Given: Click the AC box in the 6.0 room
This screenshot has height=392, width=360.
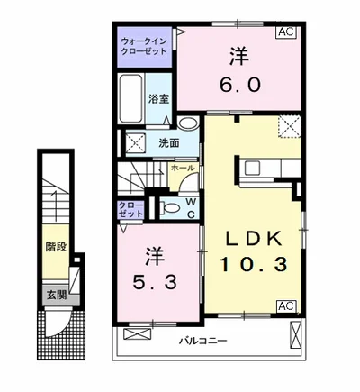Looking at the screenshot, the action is (x=286, y=32).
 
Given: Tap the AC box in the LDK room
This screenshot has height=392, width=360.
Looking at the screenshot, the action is (x=286, y=305).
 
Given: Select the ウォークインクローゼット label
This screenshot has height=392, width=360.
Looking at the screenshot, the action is (x=143, y=46).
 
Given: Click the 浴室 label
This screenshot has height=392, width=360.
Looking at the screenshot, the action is (x=158, y=99).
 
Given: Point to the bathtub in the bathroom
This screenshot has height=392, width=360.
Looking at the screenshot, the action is (x=131, y=98).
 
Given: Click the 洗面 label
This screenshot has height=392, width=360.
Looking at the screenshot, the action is (x=169, y=143).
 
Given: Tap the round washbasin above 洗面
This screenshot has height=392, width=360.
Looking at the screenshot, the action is (x=188, y=123).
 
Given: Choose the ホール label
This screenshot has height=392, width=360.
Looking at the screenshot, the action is (x=183, y=169).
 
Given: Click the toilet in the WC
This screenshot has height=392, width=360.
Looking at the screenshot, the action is (x=170, y=207).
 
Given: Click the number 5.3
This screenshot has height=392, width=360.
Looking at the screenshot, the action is (x=155, y=282).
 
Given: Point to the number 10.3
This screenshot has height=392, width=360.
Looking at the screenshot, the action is (x=254, y=264).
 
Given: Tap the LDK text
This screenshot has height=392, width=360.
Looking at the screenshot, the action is (x=254, y=239).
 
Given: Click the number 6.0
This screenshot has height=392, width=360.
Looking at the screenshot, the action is (x=239, y=86).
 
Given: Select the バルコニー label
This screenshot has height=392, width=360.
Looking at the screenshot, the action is (x=203, y=341).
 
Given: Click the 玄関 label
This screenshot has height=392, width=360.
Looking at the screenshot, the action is (x=56, y=296).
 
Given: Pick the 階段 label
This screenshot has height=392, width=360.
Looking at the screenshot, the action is (x=56, y=247).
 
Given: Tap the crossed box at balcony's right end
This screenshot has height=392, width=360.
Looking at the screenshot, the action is (x=295, y=334).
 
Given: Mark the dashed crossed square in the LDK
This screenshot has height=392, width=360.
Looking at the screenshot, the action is (x=289, y=127).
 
